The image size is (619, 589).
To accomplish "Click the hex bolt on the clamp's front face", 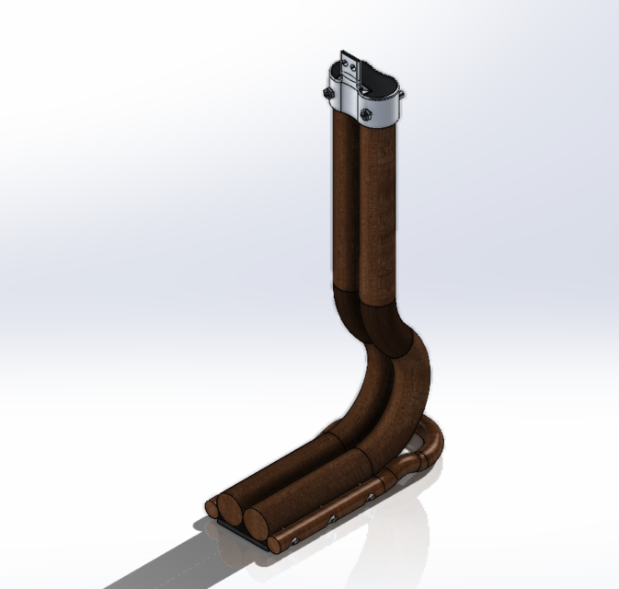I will [366, 114].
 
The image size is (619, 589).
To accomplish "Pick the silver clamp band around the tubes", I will [386, 107].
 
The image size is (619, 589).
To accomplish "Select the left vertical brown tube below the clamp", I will [342, 202].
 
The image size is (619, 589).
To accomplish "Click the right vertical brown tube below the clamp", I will [378, 212].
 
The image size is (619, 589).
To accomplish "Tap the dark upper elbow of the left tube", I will [348, 313].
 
